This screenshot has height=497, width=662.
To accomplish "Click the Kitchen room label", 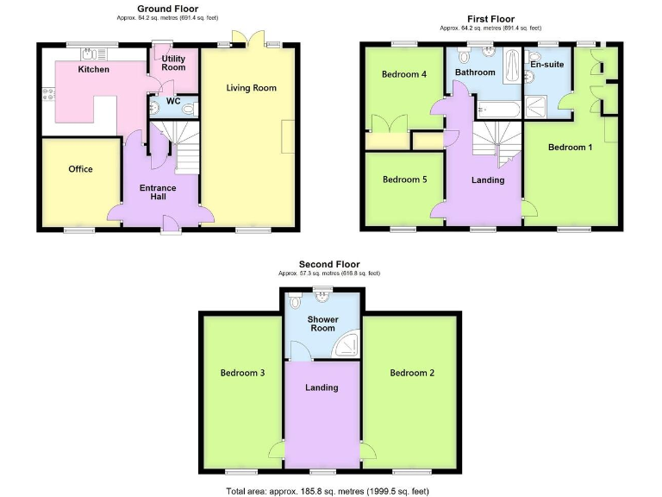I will pos(94,69).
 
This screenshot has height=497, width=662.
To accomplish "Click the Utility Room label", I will pos(173,63).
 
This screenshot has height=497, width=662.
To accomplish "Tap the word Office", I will pos(80,169).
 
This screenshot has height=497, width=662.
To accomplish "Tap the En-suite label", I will pos(546,65).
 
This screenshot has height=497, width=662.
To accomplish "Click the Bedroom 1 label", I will pos(571,148).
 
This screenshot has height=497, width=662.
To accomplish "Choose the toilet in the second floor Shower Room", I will pos(296,303).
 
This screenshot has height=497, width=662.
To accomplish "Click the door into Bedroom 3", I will pos(277,450).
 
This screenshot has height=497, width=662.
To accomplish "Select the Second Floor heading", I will pos(329,264).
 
